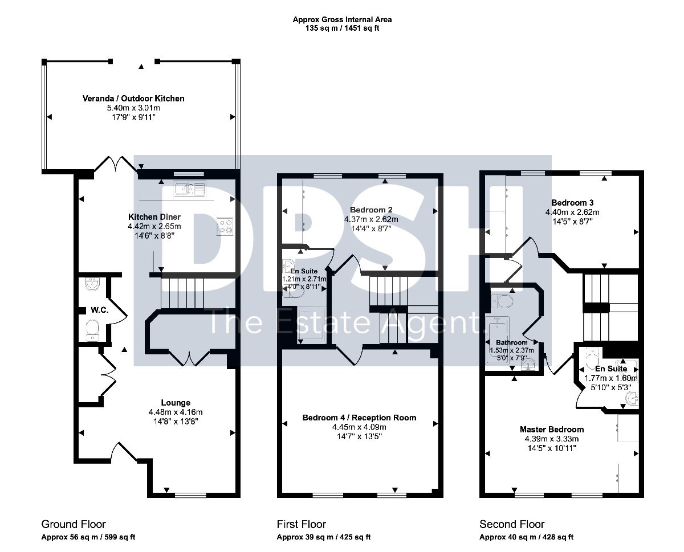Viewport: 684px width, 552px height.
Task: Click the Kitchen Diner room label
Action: (x=154, y=216)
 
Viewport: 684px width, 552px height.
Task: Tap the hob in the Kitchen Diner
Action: (x=225, y=226)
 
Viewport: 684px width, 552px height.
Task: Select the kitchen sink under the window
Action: (x=190, y=189)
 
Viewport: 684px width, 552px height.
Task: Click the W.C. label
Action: (x=100, y=310)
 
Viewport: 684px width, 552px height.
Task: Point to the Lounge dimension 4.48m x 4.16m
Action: (x=176, y=412)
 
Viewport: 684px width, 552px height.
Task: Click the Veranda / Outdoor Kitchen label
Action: (x=133, y=99)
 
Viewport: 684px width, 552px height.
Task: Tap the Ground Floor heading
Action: (x=74, y=524)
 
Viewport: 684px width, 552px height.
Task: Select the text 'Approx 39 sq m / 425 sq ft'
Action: (x=324, y=537)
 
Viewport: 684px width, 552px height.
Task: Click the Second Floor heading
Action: (x=512, y=524)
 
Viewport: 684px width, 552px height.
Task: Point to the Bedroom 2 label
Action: (x=371, y=210)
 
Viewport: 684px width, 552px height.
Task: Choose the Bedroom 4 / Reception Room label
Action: (x=359, y=418)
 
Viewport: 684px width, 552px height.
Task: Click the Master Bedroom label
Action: (x=552, y=430)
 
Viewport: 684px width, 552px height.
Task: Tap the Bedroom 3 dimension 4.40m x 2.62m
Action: (x=572, y=212)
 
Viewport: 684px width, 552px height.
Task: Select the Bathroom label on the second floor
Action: (x=511, y=343)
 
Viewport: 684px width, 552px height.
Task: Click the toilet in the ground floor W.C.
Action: (x=92, y=330)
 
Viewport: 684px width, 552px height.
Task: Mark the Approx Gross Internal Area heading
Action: (x=342, y=19)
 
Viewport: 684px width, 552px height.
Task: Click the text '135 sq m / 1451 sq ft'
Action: (x=342, y=28)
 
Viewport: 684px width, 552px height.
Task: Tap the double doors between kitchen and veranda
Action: (x=116, y=164)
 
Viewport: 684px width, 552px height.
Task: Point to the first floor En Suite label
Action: (x=304, y=271)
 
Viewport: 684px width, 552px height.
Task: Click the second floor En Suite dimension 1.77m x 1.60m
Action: (x=611, y=378)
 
